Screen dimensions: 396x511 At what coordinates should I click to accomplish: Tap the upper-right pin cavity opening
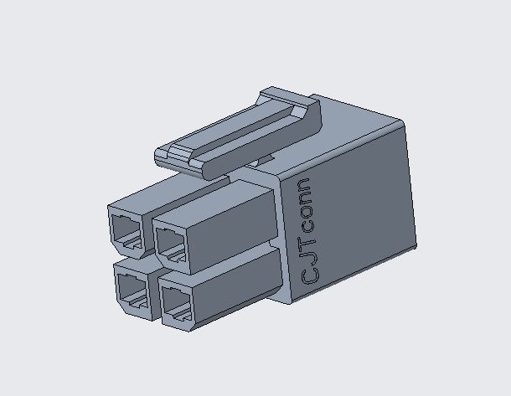tap(173, 242)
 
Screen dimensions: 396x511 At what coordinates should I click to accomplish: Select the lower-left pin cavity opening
tap(132, 288)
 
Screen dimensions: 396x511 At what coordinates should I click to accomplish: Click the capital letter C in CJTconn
tap(308, 270)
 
